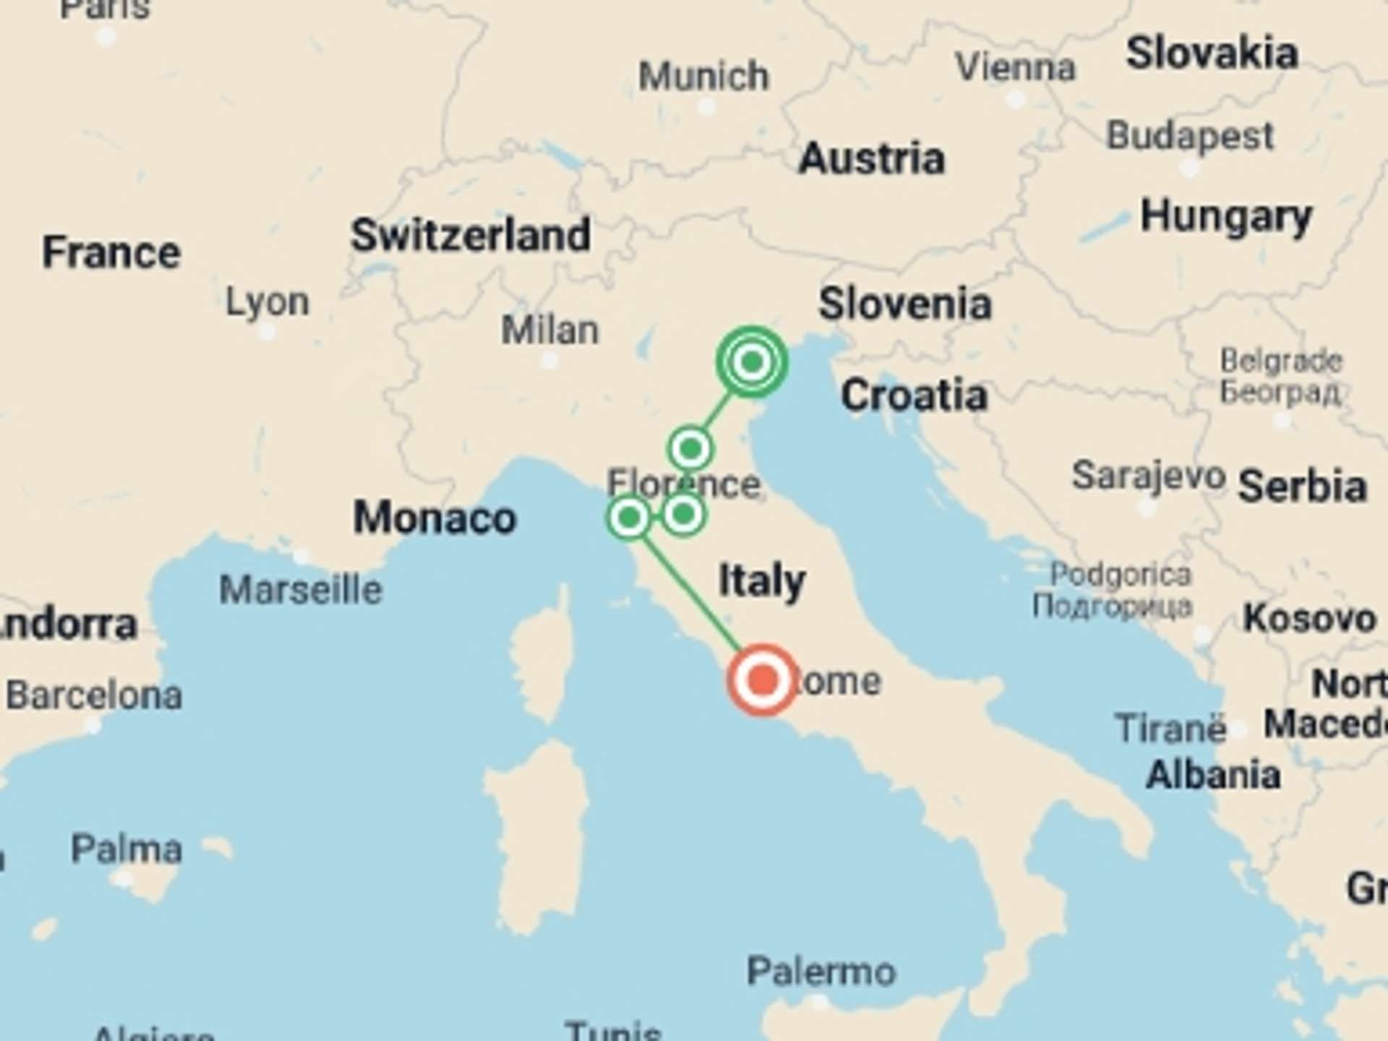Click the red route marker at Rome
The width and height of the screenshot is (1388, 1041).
click(762, 680)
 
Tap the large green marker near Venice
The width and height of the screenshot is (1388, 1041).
click(752, 361)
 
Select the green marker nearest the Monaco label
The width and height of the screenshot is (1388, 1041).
click(629, 518)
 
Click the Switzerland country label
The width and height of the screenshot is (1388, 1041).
click(471, 236)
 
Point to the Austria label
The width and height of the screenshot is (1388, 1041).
click(872, 158)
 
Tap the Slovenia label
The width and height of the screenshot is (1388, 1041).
click(904, 304)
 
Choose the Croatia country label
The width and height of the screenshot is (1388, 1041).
click(914, 395)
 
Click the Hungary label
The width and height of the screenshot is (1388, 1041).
click(1226, 217)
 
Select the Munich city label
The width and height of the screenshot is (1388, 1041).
click(703, 76)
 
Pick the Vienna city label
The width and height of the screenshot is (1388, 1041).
click(1016, 68)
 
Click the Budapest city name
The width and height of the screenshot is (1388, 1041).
click(1190, 136)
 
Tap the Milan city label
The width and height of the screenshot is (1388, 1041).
click(550, 330)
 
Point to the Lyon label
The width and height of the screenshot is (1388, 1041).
click(267, 301)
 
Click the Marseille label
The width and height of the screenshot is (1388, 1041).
click(301, 590)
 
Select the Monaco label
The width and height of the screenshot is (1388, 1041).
click(434, 518)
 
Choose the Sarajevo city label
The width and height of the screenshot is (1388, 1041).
click(1149, 476)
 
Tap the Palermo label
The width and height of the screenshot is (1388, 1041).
click(821, 971)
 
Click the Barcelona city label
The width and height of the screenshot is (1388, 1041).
click(94, 695)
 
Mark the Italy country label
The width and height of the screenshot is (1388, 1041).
click(762, 581)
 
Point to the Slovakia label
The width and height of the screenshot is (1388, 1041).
click(1212, 53)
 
